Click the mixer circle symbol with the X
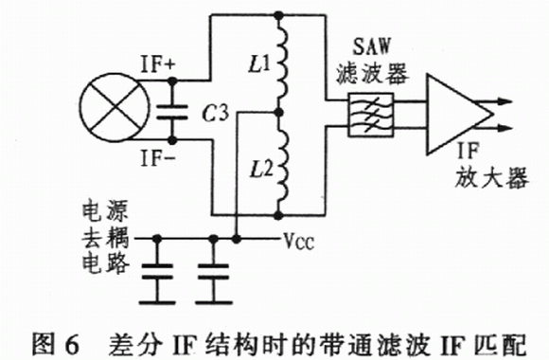pyautogui.click(x=115, y=108)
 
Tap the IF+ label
pyautogui.click(x=158, y=64)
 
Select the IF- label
pyautogui.click(x=158, y=158)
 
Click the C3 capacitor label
pyautogui.click(x=216, y=114)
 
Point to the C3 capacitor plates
pyautogui.click(x=172, y=112)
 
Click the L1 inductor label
pyautogui.click(x=259, y=64)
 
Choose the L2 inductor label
pyautogui.click(x=261, y=170)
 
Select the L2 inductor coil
pyautogui.click(x=283, y=164)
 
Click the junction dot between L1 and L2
pyautogui.click(x=278, y=113)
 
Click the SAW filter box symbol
pyautogui.click(x=371, y=115)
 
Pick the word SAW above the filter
pyautogui.click(x=371, y=45)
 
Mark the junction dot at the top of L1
pyautogui.click(x=278, y=15)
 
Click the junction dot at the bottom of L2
pyautogui.click(x=278, y=215)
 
